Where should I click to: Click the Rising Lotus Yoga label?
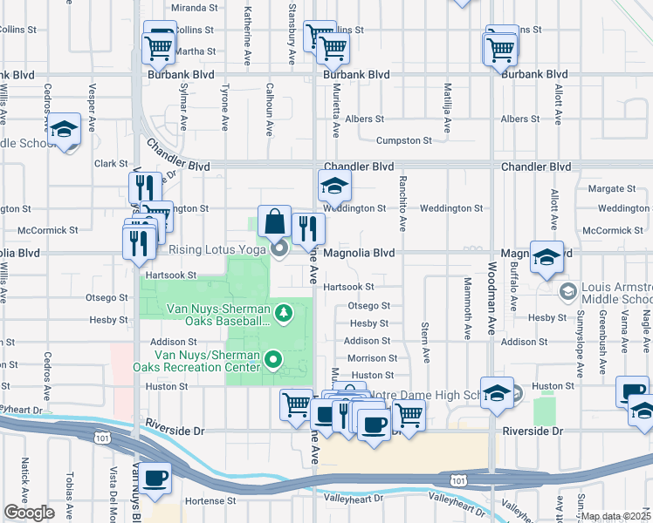point(217,251)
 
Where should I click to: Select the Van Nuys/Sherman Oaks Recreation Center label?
point(208,361)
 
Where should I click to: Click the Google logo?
point(29,513)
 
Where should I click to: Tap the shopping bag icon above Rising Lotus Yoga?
point(274,222)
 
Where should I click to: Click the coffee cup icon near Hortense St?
point(156,479)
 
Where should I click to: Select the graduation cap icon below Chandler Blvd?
point(333,186)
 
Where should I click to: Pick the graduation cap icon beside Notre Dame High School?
point(497,395)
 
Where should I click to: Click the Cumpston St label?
point(404,140)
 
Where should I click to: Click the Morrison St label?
point(371,358)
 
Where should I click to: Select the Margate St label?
point(612,188)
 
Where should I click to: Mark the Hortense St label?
point(208,501)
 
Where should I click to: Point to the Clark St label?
point(111,163)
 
